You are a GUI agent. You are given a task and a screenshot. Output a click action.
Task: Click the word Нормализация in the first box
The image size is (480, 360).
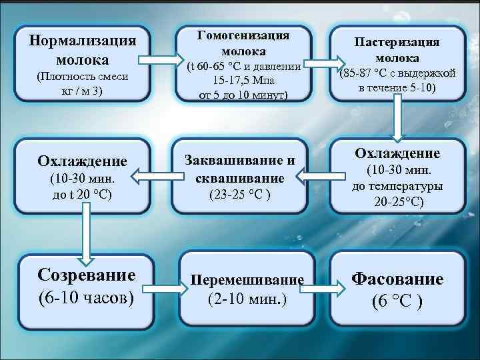pyautogui.click(x=83, y=39)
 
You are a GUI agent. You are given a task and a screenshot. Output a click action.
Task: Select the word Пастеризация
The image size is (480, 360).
pyautogui.click(x=397, y=42)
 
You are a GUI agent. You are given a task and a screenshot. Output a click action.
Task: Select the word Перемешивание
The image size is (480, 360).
pyautogui.click(x=247, y=280)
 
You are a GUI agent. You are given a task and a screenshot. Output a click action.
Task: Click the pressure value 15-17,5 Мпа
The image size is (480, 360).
pyautogui.click(x=244, y=81)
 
